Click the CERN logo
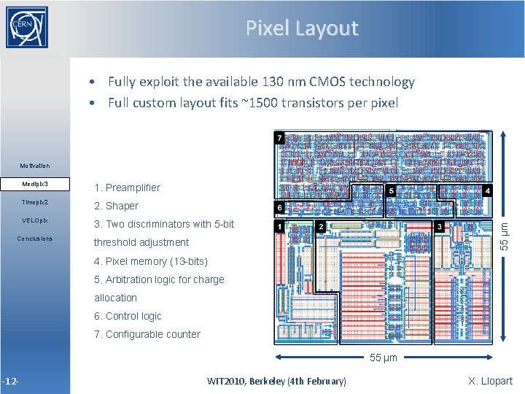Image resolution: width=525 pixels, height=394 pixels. [x=27, y=28]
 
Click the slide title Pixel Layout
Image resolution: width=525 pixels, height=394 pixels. [x=301, y=28]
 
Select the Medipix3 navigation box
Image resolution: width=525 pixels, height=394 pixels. [x=35, y=183]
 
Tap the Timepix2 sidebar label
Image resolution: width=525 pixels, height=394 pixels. [x=35, y=202]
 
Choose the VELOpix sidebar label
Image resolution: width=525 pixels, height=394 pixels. [x=35, y=220]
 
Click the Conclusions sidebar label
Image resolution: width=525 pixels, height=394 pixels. [x=35, y=239]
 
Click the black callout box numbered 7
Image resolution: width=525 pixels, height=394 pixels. [x=278, y=137]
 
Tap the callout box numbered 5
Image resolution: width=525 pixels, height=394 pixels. [x=392, y=190]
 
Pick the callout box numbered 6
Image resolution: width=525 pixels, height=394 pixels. [x=278, y=208]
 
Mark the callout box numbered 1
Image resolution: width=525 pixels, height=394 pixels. [x=278, y=227]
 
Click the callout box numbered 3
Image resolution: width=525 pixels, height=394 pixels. [x=440, y=227]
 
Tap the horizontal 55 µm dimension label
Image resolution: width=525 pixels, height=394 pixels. [x=384, y=358]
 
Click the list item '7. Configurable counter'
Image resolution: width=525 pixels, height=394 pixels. [x=147, y=334]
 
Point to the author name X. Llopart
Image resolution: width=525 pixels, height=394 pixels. [x=490, y=380]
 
